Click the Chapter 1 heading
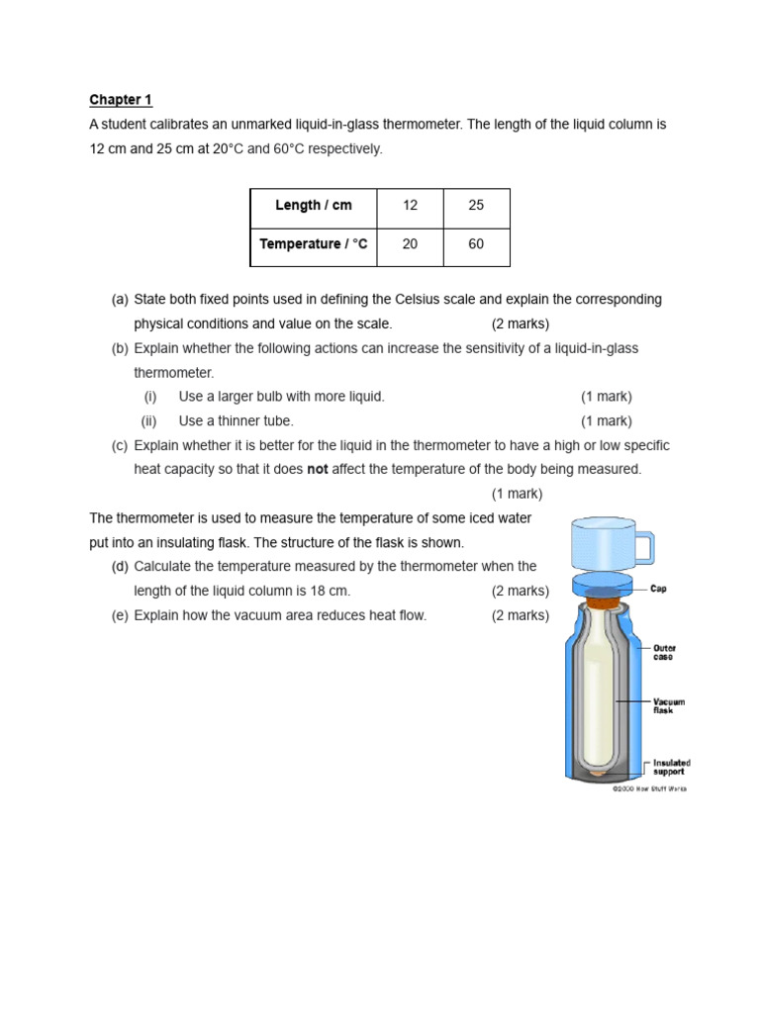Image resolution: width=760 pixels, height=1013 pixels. (x=121, y=100)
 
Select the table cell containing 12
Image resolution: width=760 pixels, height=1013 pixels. (x=410, y=206)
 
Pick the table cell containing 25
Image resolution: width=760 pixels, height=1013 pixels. (x=476, y=206)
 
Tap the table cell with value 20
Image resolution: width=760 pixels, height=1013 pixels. (x=410, y=244)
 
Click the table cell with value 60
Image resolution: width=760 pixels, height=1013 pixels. (x=476, y=244)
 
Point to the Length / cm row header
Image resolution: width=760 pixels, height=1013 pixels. (x=313, y=206)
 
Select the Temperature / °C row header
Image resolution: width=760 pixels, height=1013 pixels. (x=313, y=244)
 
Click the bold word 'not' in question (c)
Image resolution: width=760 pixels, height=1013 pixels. (x=317, y=470)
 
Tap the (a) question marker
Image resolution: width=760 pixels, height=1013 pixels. (x=120, y=300)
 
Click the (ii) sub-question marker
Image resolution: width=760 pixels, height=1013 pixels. (x=149, y=421)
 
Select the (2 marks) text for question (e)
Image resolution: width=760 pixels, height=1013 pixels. (x=520, y=615)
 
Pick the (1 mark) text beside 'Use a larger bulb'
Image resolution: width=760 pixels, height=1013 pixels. (x=606, y=397)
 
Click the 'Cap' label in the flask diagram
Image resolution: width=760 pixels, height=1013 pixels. (x=658, y=589)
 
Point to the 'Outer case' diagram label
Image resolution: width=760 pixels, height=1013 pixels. (x=664, y=653)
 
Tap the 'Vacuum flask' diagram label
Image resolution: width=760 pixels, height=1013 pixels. (x=668, y=705)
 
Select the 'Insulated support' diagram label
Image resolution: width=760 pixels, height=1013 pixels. (x=671, y=767)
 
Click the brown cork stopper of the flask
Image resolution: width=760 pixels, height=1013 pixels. (x=600, y=599)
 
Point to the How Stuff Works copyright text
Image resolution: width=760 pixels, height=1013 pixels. (x=649, y=788)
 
